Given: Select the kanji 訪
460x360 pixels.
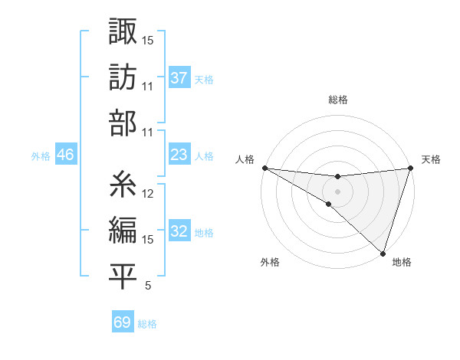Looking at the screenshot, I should point(123,78).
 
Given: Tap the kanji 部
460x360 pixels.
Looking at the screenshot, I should point(123,123).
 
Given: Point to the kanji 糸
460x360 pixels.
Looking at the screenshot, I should point(123,185).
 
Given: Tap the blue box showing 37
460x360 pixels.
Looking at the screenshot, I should point(179,77).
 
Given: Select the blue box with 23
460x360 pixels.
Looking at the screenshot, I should point(179,155).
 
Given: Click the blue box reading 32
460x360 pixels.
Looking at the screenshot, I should point(179,231).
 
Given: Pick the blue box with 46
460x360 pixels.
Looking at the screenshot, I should point(66,155).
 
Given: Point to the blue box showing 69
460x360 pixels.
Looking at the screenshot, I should point(122,322).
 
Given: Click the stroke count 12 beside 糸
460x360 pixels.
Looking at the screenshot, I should point(149,194).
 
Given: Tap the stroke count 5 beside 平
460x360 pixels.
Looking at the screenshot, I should point(148,286).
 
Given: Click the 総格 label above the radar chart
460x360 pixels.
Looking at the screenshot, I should point(337,100).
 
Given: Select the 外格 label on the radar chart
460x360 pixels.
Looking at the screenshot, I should point(270,262).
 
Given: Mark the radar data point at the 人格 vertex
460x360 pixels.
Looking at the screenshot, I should point(264,167).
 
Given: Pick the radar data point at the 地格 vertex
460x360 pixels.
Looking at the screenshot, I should point(383,253).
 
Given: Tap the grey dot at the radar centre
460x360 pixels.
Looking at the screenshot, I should point(337,190).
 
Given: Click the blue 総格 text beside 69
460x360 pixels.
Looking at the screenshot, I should point(147,323).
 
